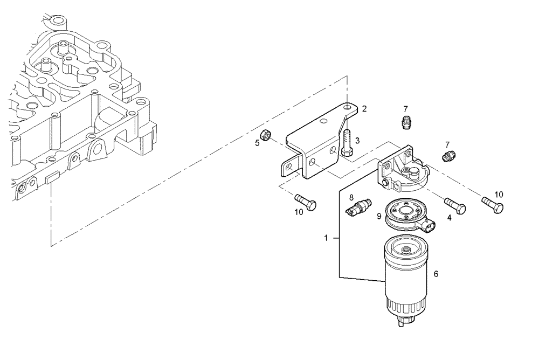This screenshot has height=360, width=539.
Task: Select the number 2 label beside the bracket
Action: [364, 108]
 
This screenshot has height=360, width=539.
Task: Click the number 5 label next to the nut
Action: [257, 143]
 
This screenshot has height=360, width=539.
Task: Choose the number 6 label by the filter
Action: [436, 274]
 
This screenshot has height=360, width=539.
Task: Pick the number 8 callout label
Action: [351, 197]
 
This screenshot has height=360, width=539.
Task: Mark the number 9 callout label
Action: [379, 216]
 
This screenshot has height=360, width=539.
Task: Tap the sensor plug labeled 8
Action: [357, 207]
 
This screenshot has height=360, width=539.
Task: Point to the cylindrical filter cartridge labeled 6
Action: [407, 275]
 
